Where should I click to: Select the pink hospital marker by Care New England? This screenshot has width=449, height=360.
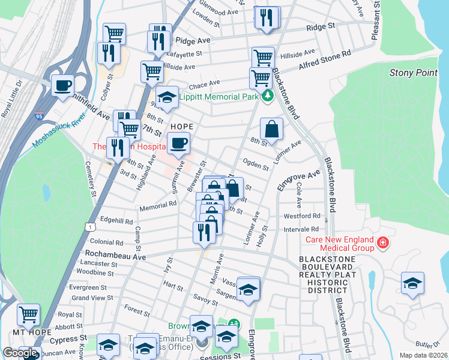tap(382, 243)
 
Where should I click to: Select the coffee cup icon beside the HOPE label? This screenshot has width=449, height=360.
tap(178, 143)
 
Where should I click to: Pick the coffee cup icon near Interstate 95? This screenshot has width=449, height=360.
tap(62, 85)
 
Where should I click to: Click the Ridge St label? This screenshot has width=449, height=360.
tap(321, 27)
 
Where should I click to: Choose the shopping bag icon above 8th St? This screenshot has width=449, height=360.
tap(271, 128)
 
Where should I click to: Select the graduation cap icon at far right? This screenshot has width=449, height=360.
tap(412, 283)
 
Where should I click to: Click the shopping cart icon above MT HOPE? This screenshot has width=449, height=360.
tap(28, 314)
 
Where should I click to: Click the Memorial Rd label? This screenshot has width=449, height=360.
tap(157, 204)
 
